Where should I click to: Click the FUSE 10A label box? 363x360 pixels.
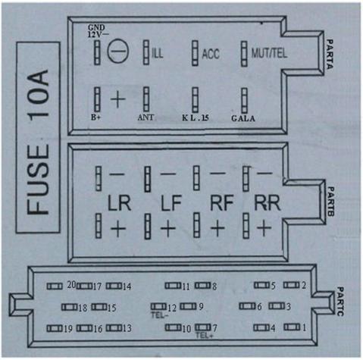(x=38, y=137)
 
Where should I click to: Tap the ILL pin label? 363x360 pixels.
(x=158, y=53)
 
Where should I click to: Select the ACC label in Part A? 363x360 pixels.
(x=211, y=54)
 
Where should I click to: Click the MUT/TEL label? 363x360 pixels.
(x=269, y=53)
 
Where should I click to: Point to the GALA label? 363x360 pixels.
(x=243, y=118)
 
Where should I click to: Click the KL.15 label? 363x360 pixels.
(x=196, y=117)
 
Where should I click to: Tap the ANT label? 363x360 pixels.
(x=146, y=117)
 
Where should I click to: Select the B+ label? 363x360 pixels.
(x=95, y=117)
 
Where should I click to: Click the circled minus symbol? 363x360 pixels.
(x=118, y=51)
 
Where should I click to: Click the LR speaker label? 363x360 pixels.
(x=119, y=203)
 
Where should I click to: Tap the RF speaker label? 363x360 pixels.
(x=221, y=202)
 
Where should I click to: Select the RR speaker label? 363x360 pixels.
(x=268, y=202)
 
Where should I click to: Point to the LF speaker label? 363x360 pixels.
(x=171, y=203)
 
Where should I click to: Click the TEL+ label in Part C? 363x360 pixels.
(x=205, y=336)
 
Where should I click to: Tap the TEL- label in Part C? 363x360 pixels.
(x=159, y=315)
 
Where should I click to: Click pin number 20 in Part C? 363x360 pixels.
(x=71, y=285)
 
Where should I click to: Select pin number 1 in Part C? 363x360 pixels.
(x=304, y=327)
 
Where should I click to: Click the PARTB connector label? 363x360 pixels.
(x=331, y=202)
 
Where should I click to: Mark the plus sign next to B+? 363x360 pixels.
(x=118, y=99)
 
